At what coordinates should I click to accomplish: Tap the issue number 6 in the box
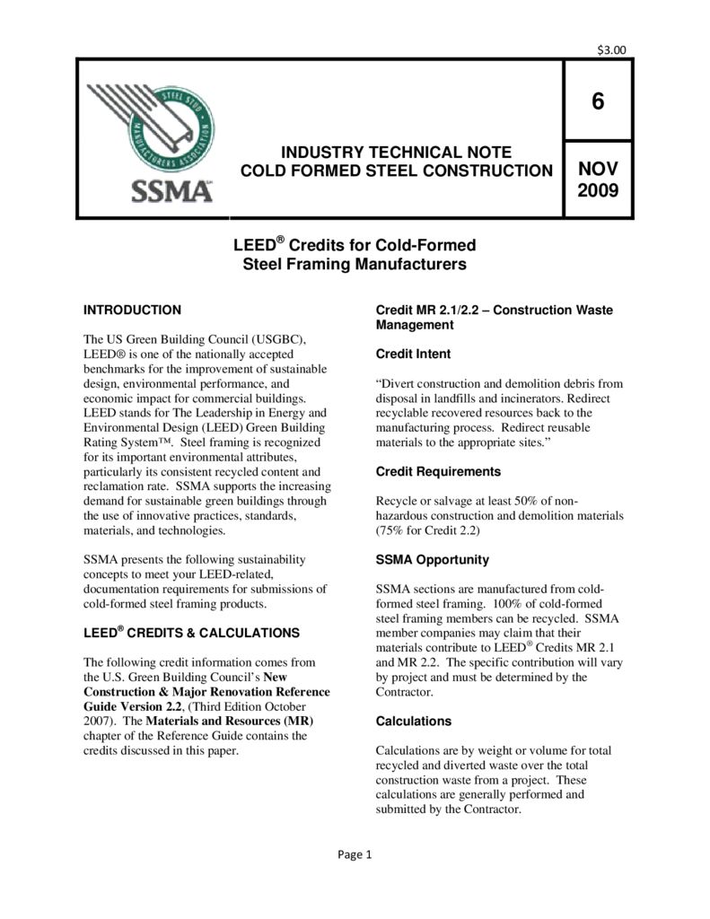pos(598,101)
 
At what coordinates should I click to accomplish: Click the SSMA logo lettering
pos(173,192)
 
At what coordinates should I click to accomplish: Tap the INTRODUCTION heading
pos(132,310)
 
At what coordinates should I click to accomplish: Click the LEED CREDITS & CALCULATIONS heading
pos(190,633)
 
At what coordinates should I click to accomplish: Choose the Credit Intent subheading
pos(413,354)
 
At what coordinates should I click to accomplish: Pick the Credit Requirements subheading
pos(437,471)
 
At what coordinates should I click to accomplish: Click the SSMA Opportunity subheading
pos(432,559)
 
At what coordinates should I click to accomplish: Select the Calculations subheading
pos(413,721)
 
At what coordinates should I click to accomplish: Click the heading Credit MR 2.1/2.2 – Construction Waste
pos(494,310)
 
